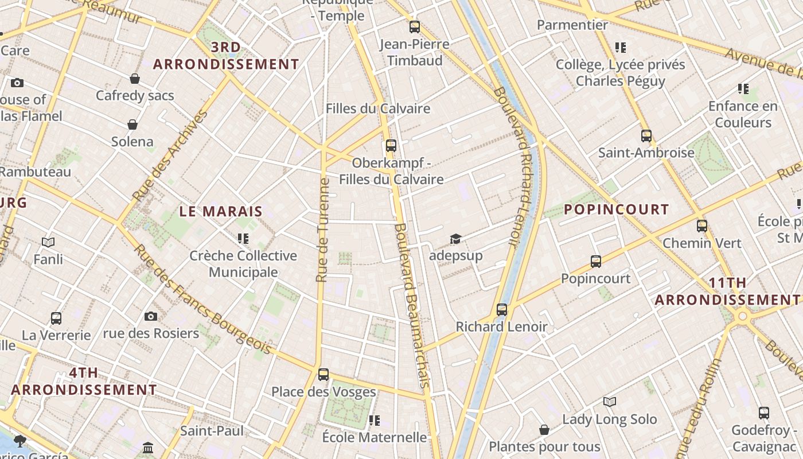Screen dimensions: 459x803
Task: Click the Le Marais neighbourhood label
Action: tap(221, 211)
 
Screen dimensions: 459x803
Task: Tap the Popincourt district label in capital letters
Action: tap(616, 209)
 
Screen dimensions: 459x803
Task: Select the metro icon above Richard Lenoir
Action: tap(502, 310)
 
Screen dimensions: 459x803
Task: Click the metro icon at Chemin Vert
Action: tap(702, 226)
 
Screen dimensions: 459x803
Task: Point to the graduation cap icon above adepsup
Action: tap(455, 239)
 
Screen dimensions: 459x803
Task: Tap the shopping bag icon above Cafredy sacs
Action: tap(135, 79)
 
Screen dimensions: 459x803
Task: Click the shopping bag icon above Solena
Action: tap(132, 125)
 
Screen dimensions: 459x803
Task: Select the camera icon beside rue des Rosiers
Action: tap(151, 316)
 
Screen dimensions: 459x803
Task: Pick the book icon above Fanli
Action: tap(48, 242)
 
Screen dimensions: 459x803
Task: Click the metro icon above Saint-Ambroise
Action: tap(646, 136)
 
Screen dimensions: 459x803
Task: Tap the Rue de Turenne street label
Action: tap(323, 230)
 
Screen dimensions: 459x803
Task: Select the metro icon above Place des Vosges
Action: tap(323, 375)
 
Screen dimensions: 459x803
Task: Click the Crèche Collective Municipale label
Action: tap(243, 263)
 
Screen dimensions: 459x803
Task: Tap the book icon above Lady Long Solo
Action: tap(610, 402)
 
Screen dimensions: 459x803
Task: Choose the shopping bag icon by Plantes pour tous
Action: tap(544, 430)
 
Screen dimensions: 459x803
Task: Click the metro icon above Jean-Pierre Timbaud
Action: tap(415, 26)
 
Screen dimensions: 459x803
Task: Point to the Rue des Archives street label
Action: tap(170, 155)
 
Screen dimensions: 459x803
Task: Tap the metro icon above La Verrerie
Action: tap(56, 318)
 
